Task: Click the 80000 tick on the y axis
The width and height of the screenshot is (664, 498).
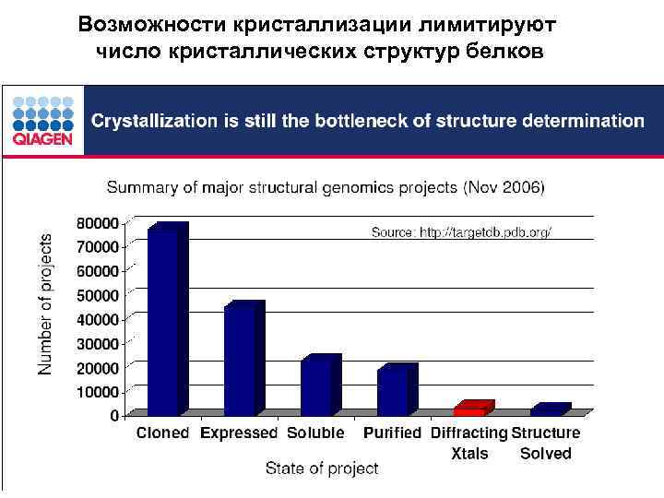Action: point(97,223)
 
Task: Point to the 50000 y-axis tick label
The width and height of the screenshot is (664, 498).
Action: point(97,295)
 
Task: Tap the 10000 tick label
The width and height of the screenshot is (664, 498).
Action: point(97,391)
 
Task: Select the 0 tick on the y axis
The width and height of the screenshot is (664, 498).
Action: point(113,415)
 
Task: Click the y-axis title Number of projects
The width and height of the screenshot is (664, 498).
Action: point(45,302)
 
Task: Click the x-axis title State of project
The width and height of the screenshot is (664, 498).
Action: point(322,468)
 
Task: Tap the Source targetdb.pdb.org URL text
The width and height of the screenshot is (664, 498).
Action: point(461,232)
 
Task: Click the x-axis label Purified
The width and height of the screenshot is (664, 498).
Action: point(392,433)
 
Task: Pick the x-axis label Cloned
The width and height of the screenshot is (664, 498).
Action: point(163,433)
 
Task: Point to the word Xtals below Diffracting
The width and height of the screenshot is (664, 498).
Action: point(469,453)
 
